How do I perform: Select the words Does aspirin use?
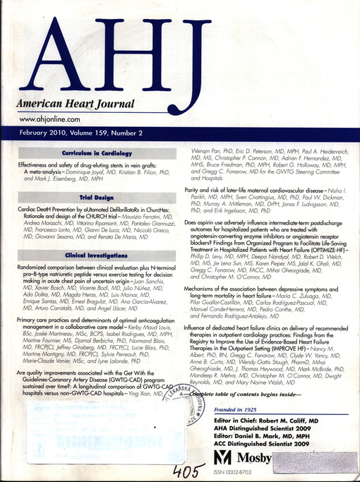(x=205, y=222)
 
